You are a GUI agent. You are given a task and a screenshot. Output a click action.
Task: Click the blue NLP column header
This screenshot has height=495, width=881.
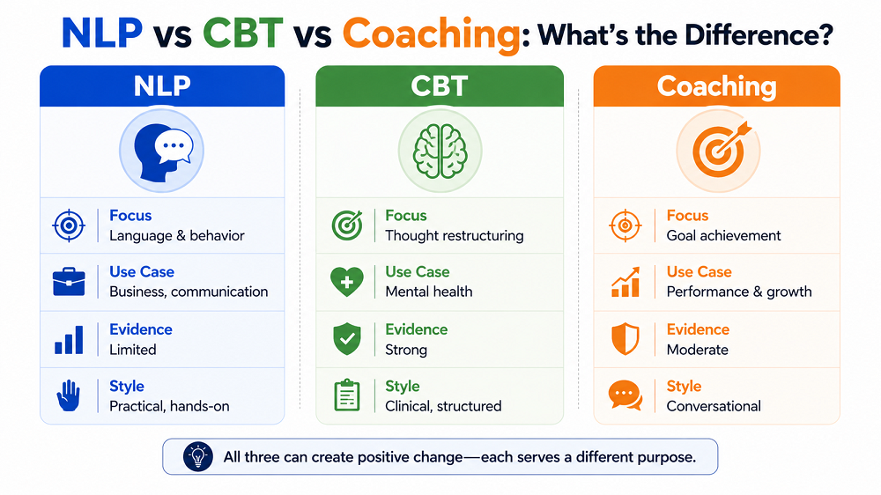click(162, 86)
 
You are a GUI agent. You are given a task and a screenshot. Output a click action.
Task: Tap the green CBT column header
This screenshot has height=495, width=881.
click(440, 86)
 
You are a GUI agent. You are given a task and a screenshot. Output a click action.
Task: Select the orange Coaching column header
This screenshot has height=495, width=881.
click(716, 86)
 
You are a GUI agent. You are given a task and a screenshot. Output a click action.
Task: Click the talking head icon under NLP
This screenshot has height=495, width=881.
click(162, 151)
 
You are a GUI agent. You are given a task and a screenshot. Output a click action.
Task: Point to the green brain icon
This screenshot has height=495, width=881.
click(440, 151)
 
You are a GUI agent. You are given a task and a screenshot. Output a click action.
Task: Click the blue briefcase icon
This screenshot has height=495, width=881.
click(69, 281)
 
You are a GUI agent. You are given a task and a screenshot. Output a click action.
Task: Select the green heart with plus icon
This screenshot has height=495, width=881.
click(346, 281)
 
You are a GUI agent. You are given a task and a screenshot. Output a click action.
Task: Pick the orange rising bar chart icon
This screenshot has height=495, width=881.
click(626, 282)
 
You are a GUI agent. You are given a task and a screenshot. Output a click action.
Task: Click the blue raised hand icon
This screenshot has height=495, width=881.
click(69, 395)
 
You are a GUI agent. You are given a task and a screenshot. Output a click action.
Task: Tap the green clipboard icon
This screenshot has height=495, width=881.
click(346, 395)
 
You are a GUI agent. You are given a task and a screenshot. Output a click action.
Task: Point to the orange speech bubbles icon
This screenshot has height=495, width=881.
click(626, 395)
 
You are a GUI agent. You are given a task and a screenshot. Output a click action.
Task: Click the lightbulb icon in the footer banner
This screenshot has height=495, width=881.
click(197, 456)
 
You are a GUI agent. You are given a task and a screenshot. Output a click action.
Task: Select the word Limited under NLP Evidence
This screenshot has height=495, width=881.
click(133, 350)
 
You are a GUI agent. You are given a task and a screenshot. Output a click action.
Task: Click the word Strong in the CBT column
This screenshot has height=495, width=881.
click(405, 350)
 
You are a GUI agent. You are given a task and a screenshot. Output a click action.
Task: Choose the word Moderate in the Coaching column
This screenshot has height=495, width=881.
click(697, 350)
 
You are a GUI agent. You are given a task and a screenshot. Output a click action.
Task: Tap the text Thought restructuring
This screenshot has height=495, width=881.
click(454, 235)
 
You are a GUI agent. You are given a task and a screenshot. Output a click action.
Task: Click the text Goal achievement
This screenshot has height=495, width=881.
click(723, 235)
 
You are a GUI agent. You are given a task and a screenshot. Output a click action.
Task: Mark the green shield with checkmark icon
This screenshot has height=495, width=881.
click(346, 338)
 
